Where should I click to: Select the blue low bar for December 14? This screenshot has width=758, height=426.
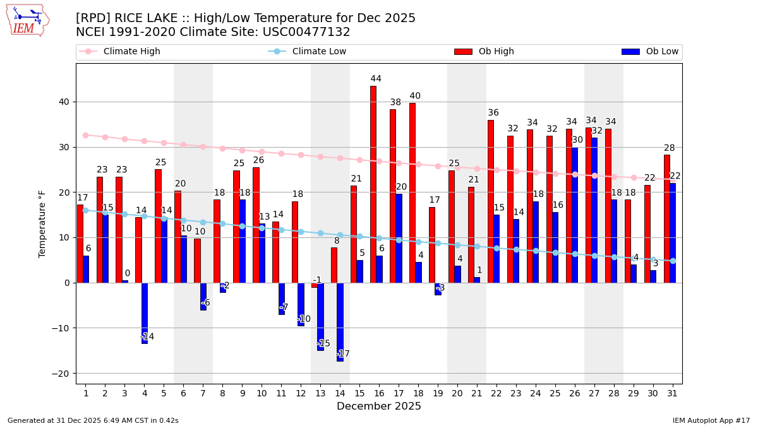(340, 322)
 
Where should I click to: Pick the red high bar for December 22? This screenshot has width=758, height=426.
(491, 201)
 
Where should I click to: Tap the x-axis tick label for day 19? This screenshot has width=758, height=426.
(438, 393)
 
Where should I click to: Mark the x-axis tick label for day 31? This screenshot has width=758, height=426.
(672, 393)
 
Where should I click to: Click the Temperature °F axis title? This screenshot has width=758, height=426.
(42, 223)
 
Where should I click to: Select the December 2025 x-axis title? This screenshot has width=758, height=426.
(379, 406)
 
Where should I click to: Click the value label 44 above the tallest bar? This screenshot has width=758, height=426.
(376, 79)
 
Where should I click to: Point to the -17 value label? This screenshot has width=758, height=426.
(343, 354)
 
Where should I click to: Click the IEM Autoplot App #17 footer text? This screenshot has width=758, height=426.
(711, 420)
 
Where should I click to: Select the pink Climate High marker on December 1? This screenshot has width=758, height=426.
(86, 135)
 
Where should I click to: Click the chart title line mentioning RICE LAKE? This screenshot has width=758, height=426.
(246, 18)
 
